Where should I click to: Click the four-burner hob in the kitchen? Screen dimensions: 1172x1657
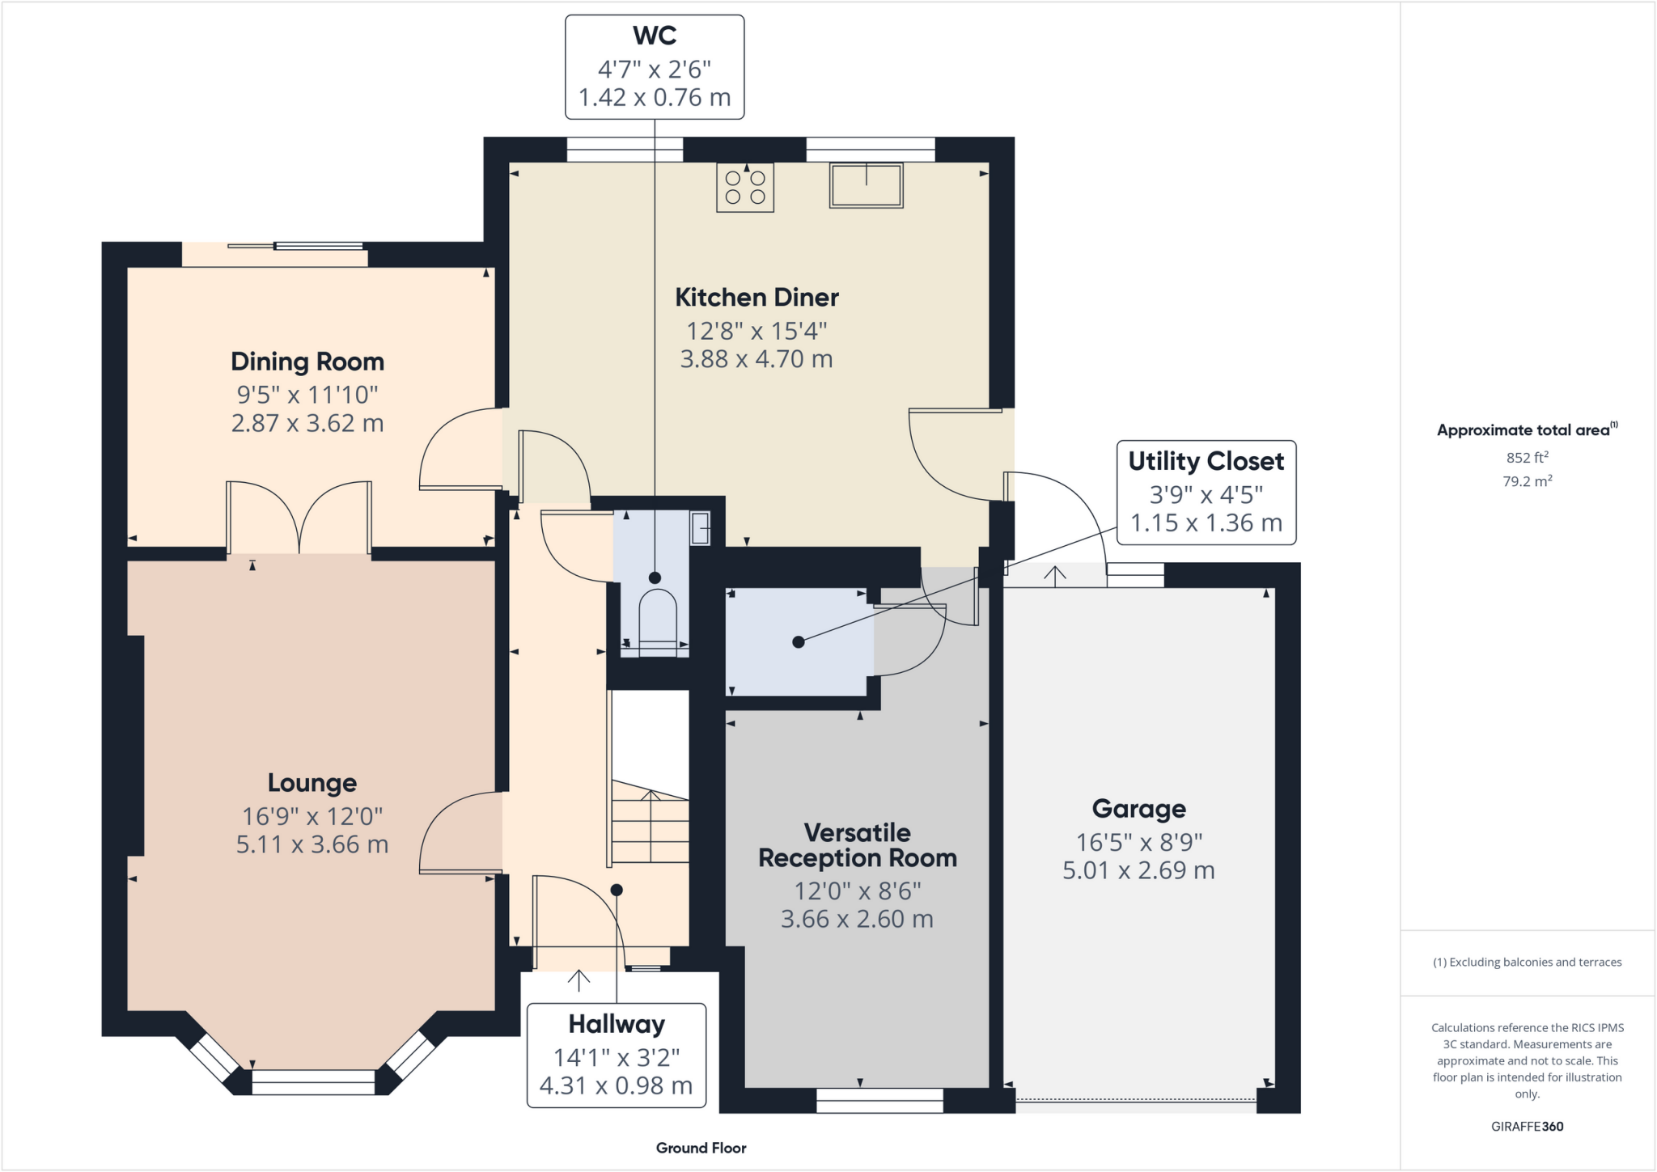(x=745, y=188)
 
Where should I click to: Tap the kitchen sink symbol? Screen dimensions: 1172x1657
(x=866, y=186)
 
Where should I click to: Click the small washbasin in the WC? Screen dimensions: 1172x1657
(x=701, y=528)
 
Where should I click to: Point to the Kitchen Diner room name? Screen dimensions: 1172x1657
(x=756, y=298)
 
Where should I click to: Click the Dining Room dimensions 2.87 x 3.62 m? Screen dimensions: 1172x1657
(x=307, y=423)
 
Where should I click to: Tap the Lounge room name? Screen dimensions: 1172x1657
(x=312, y=783)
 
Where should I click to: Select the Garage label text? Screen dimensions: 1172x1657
(x=1138, y=809)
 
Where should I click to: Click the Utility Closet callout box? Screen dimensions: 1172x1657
(x=1206, y=493)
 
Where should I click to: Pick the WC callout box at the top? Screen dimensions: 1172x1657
(x=654, y=67)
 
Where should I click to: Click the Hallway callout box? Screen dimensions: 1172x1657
(x=616, y=1056)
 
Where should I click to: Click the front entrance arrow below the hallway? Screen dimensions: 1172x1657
(x=578, y=979)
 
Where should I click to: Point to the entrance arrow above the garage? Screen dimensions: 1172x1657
(x=1055, y=575)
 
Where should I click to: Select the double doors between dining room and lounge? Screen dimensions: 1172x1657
(x=299, y=518)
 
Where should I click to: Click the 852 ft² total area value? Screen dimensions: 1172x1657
(x=1527, y=458)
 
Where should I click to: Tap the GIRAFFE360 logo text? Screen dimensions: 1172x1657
(x=1527, y=1126)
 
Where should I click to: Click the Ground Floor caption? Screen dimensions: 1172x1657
(x=701, y=1148)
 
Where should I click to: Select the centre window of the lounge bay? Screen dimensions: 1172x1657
(x=313, y=1081)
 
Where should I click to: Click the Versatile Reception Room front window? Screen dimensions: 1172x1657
(x=879, y=1100)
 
